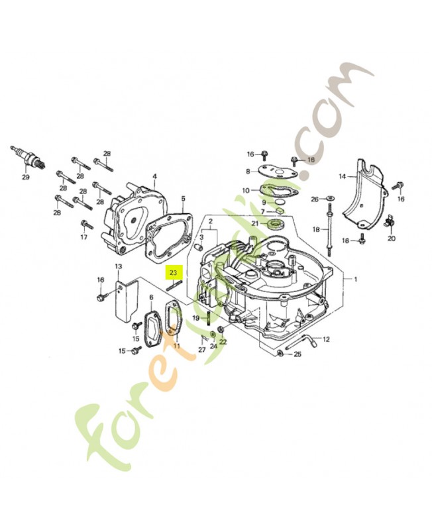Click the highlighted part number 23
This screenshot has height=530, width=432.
click(174, 272)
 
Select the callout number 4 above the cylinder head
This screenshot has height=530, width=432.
click(154, 177)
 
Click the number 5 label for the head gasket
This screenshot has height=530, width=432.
click(183, 198)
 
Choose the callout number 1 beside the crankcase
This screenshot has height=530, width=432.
click(355, 280)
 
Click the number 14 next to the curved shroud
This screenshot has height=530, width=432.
click(343, 176)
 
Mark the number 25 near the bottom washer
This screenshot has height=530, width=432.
click(297, 354)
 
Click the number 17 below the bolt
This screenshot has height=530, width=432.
click(84, 237)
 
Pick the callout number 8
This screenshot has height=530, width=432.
click(248, 172)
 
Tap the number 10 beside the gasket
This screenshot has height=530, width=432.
click(246, 191)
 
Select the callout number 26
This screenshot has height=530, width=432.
click(314, 199)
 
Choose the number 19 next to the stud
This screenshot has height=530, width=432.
click(196, 319)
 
